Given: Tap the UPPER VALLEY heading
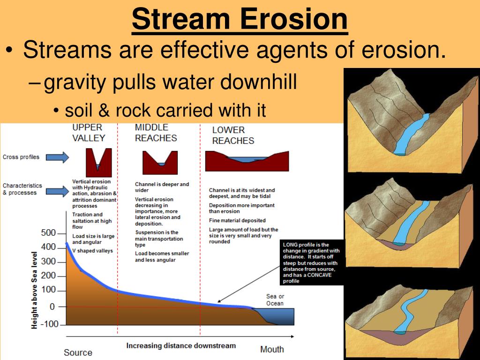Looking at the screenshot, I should [88, 133].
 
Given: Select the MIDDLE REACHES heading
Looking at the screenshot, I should [156, 133].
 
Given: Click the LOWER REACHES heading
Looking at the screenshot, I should [233, 135].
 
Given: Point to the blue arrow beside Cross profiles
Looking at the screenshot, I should [57, 157].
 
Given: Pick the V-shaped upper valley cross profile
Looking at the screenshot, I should [98, 162].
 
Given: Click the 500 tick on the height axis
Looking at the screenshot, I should [48, 233].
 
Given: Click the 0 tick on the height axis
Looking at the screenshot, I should [52, 307].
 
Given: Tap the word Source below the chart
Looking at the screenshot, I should [78, 352].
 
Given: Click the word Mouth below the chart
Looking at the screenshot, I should [272, 349].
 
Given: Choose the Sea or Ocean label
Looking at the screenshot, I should [275, 300].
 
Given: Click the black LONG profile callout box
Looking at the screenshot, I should [312, 263].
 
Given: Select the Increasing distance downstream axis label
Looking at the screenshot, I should [181, 346].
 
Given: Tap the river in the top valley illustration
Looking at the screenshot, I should [411, 136].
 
